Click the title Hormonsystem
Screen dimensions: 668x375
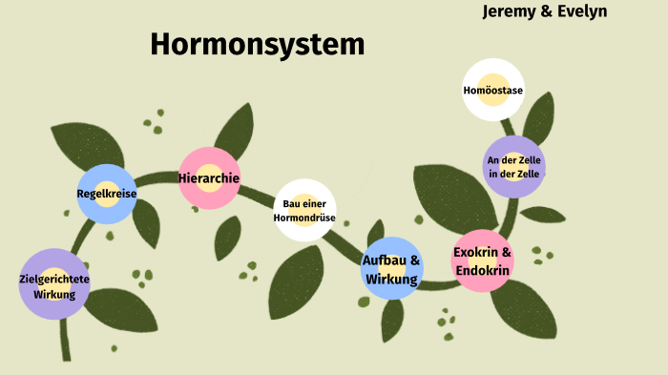coord(257,44)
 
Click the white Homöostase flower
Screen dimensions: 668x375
coord(492,90)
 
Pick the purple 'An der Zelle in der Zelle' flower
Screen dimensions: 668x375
coord(513,166)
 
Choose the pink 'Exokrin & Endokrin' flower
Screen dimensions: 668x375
coord(483,260)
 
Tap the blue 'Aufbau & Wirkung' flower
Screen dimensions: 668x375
coord(391,268)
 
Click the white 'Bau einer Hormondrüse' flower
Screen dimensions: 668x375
coord(304,210)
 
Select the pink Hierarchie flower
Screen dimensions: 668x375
coord(209,177)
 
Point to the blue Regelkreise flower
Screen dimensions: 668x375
coord(107,194)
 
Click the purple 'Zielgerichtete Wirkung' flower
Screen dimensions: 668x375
coord(54,283)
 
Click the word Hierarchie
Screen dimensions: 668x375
coord(209,177)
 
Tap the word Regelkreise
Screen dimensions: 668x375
coord(107,194)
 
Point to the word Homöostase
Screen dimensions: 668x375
coord(492,91)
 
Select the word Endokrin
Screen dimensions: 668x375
coord(483,271)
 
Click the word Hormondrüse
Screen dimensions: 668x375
coord(304,218)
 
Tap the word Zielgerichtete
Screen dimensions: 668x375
coord(54,279)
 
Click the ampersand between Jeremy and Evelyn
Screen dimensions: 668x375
coord(548,11)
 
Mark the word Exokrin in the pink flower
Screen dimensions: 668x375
coord(475,253)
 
